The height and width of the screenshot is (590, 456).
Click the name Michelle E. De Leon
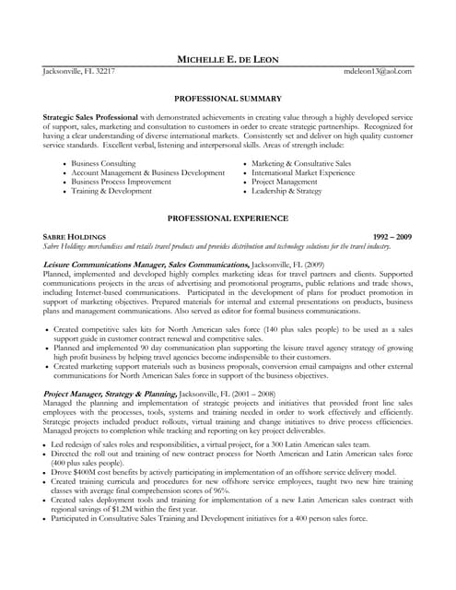point(227,60)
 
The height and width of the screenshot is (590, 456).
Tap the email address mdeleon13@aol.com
point(378,71)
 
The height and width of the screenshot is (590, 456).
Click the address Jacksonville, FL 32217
point(80,71)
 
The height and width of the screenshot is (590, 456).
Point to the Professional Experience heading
point(228,218)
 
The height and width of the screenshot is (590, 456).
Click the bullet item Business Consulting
point(104,162)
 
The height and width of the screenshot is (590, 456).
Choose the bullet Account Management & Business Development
point(148,172)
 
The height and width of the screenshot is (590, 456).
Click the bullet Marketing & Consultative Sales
point(300,162)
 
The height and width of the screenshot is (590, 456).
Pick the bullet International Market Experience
point(302,172)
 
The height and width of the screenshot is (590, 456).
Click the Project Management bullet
point(286,183)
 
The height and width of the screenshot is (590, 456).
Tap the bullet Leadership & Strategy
point(286,193)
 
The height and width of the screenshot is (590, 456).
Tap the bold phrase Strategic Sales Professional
point(90,118)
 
